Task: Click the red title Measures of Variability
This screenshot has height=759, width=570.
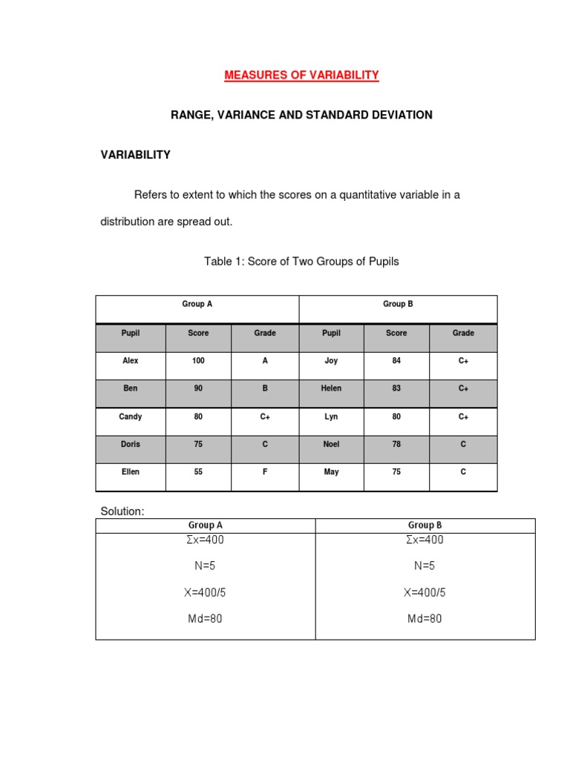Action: [301, 75]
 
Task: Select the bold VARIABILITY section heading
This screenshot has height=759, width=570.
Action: [136, 155]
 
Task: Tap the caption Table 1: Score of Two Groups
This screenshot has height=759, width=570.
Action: [301, 262]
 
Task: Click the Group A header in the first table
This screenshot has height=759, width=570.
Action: [197, 304]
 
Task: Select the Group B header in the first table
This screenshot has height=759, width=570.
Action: [398, 304]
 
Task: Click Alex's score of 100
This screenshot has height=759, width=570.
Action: [198, 361]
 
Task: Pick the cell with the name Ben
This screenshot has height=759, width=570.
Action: [131, 388]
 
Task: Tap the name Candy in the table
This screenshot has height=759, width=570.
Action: [131, 417]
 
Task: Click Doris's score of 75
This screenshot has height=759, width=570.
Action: [198, 444]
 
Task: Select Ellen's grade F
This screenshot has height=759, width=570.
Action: [265, 472]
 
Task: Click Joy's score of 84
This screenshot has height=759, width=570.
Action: [396, 361]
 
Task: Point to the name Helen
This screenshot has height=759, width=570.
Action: [331, 388]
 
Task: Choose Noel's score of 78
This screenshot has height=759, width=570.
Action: [396, 444]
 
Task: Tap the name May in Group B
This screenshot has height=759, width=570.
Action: [331, 472]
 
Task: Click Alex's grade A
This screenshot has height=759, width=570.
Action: [265, 361]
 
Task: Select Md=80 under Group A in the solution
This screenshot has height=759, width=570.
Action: [206, 618]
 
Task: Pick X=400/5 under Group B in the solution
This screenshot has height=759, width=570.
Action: [425, 592]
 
